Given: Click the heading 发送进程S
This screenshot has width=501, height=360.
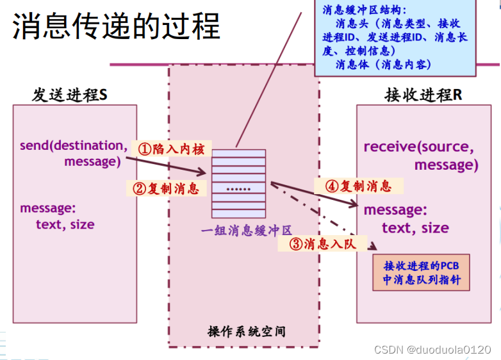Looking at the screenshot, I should click(70, 95).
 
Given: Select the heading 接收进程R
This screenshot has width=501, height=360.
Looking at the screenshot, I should click(423, 95).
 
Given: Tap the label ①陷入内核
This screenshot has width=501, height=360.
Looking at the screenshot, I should click(171, 149).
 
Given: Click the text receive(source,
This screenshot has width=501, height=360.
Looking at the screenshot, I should click(419, 147).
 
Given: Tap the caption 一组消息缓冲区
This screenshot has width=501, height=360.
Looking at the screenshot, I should click(246, 230).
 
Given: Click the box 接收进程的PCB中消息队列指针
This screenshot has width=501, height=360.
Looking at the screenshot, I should click(422, 272).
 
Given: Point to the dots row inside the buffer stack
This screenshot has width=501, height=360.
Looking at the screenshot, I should click(238, 189).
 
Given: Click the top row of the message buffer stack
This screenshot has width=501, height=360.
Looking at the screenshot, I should click(238, 153).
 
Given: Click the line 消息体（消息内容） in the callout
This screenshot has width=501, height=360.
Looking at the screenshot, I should click(383, 65).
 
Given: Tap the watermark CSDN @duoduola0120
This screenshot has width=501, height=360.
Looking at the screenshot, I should click(432, 349).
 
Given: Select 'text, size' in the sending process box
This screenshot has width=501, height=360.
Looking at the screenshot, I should click(65, 224).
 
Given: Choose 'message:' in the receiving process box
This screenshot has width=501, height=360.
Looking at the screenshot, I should click(395, 210).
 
